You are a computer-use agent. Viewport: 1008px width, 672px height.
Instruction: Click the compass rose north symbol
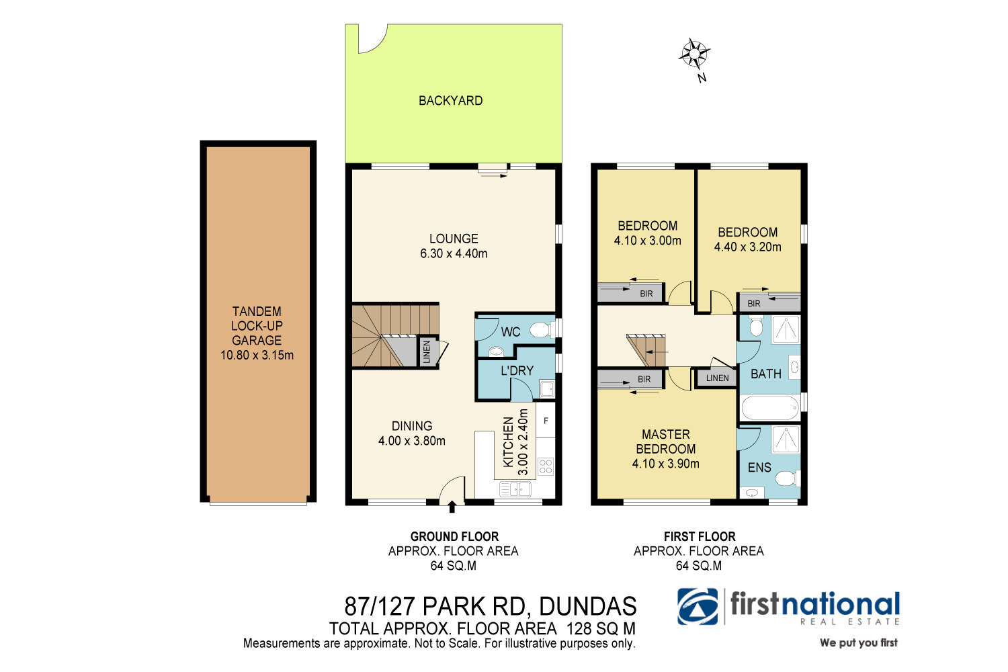click(x=694, y=54)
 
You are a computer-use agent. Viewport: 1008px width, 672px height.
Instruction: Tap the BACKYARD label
click(x=450, y=101)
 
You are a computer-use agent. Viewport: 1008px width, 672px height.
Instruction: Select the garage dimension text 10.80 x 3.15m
click(x=257, y=355)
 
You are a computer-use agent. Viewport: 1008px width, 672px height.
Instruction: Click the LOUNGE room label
click(x=454, y=239)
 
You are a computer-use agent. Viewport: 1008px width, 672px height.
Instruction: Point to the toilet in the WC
click(x=540, y=330)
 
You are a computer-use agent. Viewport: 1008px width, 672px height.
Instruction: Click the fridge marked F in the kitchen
click(x=546, y=421)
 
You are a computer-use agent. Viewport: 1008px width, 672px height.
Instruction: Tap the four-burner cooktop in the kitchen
click(x=545, y=466)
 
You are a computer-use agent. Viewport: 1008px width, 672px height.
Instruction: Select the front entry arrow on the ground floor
click(x=452, y=506)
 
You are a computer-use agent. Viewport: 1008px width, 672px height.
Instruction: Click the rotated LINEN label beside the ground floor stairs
click(x=427, y=352)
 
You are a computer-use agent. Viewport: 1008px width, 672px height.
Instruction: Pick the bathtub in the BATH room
click(x=769, y=407)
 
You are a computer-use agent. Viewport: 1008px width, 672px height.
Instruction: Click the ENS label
click(x=759, y=468)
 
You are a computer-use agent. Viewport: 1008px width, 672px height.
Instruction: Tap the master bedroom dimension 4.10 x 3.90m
click(x=665, y=464)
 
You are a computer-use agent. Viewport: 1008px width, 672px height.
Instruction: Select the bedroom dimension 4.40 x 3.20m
click(x=747, y=247)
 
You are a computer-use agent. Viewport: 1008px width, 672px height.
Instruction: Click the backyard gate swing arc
click(x=373, y=39)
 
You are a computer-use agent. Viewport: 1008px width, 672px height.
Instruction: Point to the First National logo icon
click(x=698, y=607)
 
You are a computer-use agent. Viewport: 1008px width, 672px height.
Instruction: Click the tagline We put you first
click(x=858, y=643)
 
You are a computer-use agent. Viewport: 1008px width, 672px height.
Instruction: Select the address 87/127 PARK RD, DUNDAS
click(x=490, y=606)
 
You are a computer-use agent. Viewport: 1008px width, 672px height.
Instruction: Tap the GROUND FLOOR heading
click(x=454, y=536)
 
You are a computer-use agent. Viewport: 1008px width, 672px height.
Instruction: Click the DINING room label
click(x=412, y=426)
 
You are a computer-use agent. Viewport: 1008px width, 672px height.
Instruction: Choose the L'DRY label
click(x=517, y=371)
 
